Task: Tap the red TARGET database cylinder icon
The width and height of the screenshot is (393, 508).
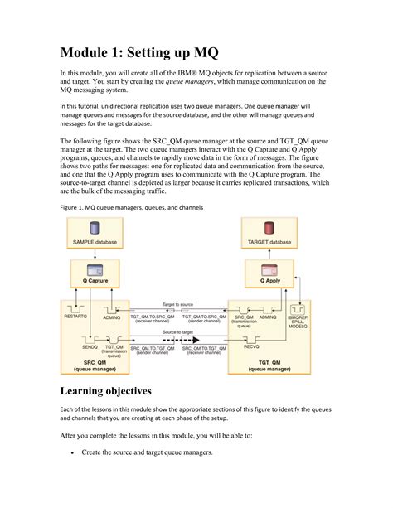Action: (268, 227)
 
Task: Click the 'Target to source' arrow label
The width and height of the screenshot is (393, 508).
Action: (178, 306)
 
